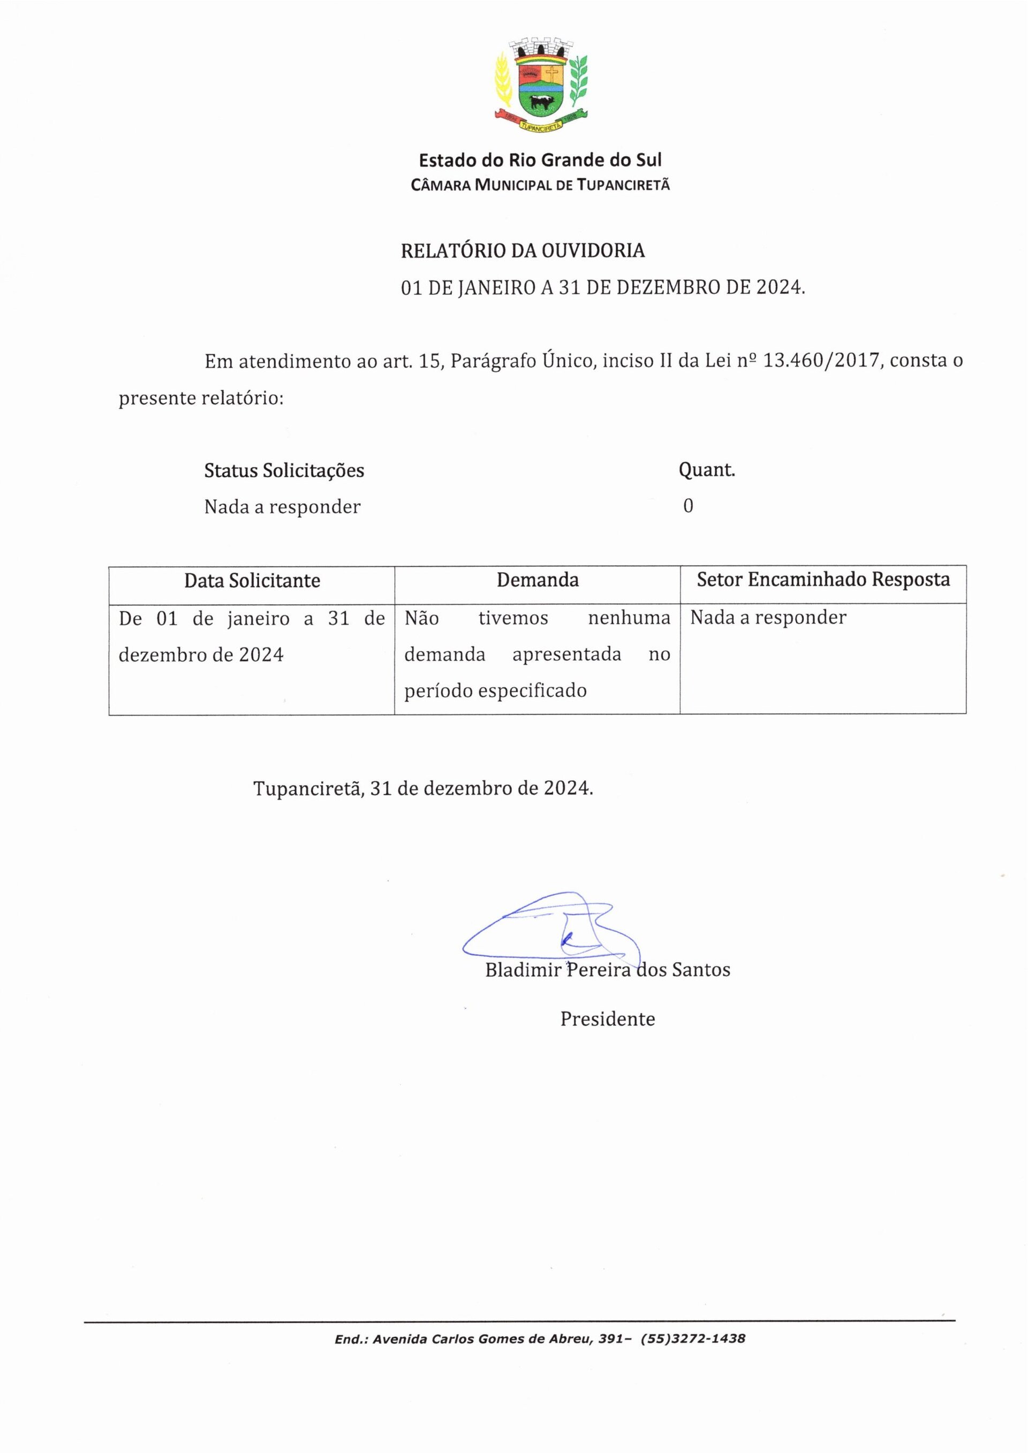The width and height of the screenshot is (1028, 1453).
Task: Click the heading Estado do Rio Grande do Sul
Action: tap(540, 160)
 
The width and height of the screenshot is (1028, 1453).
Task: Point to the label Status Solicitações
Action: tap(284, 470)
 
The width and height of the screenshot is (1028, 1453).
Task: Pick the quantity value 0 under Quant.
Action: tap(688, 506)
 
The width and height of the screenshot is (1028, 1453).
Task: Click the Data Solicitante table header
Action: tap(252, 580)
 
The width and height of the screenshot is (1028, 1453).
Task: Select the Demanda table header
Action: tap(538, 580)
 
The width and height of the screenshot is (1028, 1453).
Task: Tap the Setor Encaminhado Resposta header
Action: tap(823, 579)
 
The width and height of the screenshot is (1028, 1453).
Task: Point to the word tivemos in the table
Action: tap(513, 618)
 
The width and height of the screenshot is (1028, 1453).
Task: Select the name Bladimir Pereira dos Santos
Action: tap(607, 970)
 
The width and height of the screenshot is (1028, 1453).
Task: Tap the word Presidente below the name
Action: tap(607, 1019)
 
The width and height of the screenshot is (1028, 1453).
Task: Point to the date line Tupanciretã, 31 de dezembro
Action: tap(423, 788)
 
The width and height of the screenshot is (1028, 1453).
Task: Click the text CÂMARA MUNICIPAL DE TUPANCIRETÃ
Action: tap(540, 185)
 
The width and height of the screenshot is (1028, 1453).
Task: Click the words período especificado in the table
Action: tap(495, 690)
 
